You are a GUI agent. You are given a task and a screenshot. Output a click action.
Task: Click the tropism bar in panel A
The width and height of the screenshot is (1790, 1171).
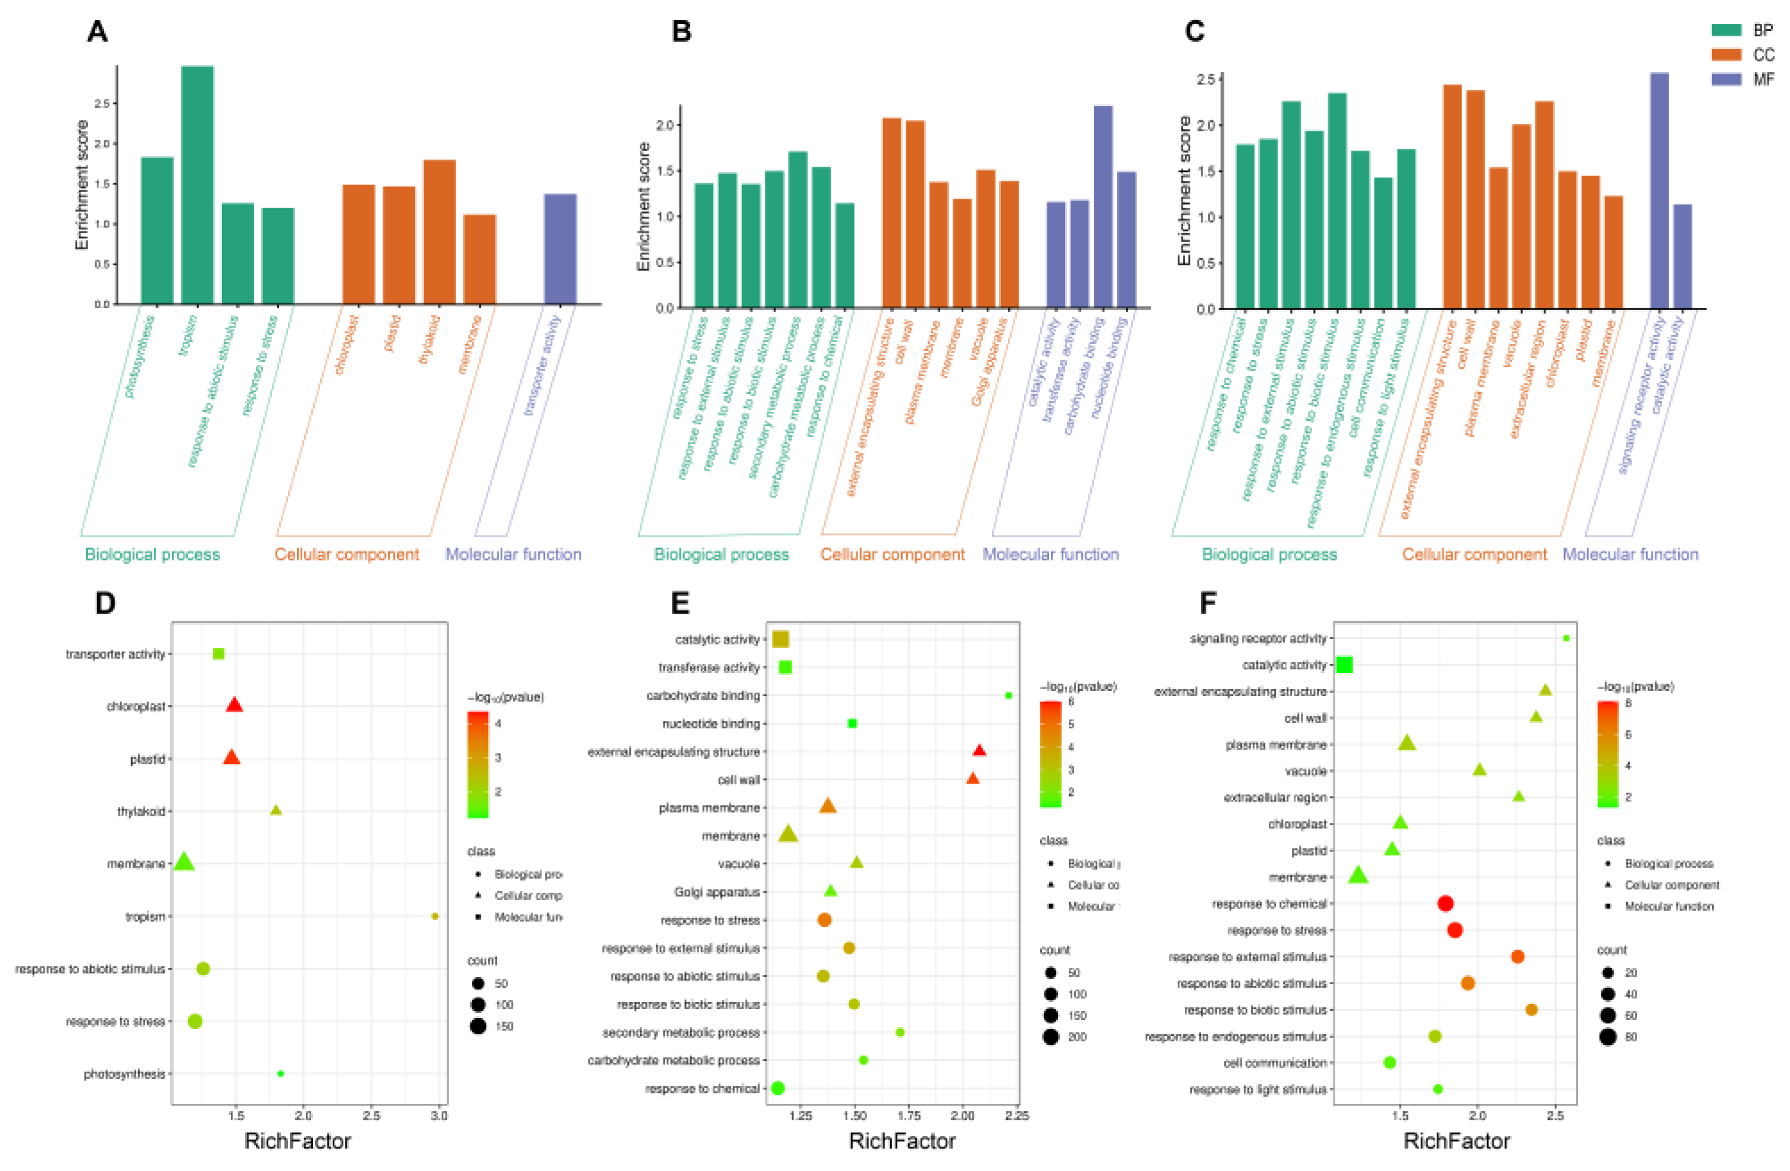click(x=197, y=184)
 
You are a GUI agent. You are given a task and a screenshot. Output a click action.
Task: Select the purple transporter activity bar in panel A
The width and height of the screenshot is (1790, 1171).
click(x=561, y=249)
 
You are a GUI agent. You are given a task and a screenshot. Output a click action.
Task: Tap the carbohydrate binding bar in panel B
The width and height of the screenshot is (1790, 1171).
click(x=1103, y=207)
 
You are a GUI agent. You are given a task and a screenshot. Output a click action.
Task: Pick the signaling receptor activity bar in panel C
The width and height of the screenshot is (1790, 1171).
click(x=1659, y=190)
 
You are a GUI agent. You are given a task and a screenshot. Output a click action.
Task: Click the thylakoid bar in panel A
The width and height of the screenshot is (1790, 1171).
click(x=439, y=231)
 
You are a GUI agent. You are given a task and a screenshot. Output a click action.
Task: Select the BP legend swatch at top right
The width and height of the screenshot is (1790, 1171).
click(x=1727, y=30)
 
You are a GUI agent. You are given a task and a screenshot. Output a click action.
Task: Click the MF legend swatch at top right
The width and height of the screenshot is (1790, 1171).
click(x=1727, y=79)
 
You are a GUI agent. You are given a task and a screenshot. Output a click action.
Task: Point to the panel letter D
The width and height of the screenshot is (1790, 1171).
click(x=105, y=603)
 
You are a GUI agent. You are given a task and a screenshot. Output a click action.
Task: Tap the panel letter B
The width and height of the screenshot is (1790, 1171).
click(x=681, y=32)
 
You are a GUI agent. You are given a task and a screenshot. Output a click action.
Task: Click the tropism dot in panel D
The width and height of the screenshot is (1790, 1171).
click(x=435, y=916)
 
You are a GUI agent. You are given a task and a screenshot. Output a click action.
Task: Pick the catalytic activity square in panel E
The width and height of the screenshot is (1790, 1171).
click(x=781, y=639)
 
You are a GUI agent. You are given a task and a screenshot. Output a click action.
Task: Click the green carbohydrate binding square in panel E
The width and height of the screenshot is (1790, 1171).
click(x=1009, y=696)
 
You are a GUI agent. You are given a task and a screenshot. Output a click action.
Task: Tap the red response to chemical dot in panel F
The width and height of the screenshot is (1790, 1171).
click(x=1445, y=903)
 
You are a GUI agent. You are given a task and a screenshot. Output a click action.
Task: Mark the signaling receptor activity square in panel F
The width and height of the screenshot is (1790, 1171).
click(x=1566, y=638)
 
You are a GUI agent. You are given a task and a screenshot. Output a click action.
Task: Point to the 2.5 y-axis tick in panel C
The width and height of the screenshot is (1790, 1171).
click(x=1206, y=80)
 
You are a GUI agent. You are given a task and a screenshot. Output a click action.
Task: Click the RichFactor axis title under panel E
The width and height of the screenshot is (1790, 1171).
click(x=902, y=1141)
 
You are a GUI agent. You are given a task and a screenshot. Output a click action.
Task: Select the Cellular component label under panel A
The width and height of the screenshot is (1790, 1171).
click(x=347, y=555)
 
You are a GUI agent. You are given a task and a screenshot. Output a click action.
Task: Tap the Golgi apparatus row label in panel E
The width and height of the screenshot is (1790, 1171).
click(x=716, y=892)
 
